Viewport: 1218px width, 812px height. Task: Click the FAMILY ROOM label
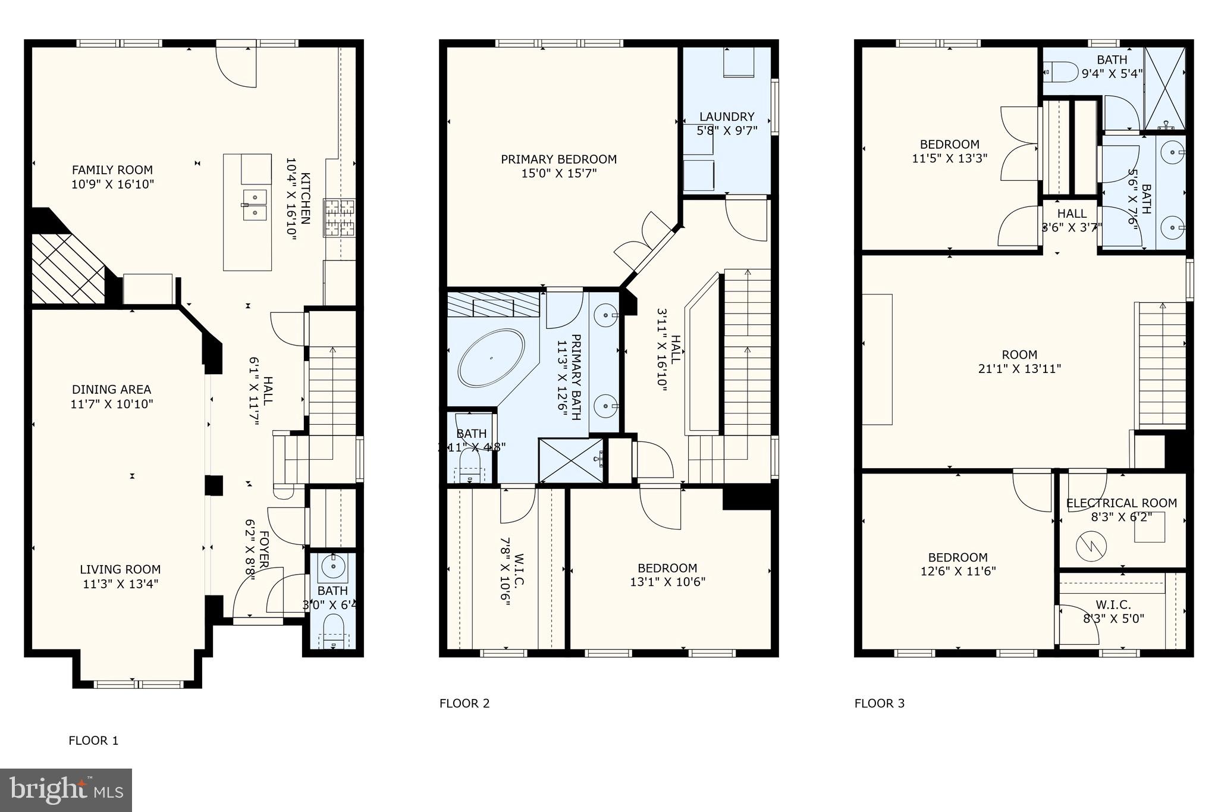(112, 170)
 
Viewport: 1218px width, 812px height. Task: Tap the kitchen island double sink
(255, 205)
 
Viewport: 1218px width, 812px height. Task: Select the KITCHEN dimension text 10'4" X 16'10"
(291, 199)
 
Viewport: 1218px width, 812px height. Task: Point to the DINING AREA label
(112, 390)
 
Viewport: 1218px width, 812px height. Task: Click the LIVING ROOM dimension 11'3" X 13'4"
(121, 584)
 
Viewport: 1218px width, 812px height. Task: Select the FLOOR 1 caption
(93, 741)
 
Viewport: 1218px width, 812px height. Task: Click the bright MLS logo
(66, 790)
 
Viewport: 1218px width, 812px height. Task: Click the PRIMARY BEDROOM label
(558, 159)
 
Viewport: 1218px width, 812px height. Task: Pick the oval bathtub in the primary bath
(491, 358)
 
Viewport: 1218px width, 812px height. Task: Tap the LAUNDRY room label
(727, 117)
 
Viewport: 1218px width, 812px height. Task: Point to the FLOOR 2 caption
(464, 704)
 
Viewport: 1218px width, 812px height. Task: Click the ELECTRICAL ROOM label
(1122, 503)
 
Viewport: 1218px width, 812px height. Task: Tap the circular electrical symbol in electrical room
(1091, 544)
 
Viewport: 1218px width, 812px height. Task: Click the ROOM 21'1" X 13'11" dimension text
(1019, 369)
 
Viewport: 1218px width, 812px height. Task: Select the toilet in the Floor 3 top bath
(1062, 72)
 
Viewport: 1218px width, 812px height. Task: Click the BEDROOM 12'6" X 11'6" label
(958, 558)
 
